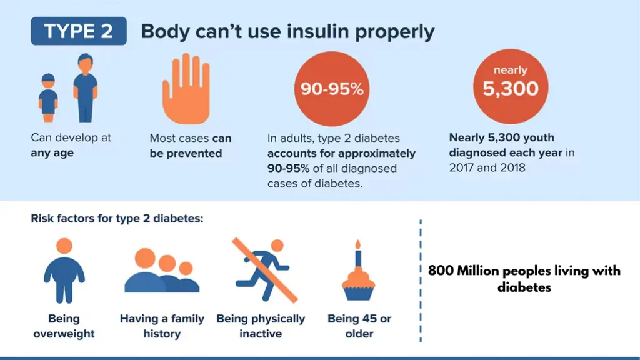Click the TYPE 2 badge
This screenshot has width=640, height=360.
click(x=78, y=31)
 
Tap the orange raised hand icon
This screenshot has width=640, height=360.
click(x=186, y=88)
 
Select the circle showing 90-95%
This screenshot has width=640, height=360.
click(x=332, y=89)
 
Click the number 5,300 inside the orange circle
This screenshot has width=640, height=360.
click(x=510, y=89)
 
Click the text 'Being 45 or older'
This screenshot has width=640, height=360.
click(x=359, y=326)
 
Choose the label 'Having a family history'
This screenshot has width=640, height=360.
click(x=162, y=326)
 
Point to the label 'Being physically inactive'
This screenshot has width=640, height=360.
click(x=261, y=326)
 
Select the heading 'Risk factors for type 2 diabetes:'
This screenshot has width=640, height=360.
click(x=117, y=219)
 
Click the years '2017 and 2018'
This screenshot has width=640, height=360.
click(x=484, y=167)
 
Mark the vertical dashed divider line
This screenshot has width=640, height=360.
click(x=421, y=281)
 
